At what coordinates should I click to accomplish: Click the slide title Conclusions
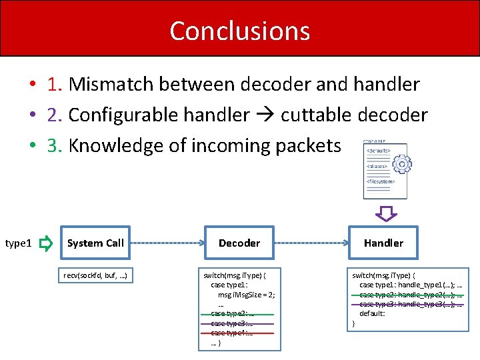coord(240,31)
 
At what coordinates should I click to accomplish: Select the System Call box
coord(95,243)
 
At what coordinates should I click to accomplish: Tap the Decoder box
coord(239,243)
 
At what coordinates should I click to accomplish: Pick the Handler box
coord(383,243)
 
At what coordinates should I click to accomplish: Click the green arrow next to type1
coord(45,244)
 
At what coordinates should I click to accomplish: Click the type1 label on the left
coord(18,244)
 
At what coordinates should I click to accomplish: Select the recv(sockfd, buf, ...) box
coord(95,275)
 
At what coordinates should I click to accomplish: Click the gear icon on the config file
coord(401,164)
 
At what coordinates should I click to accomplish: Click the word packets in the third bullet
coord(307,146)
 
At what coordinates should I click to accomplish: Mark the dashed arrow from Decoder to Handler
coord(311,243)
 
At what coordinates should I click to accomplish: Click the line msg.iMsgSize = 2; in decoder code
coord(246,294)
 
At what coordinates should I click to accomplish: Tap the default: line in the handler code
coord(372,313)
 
